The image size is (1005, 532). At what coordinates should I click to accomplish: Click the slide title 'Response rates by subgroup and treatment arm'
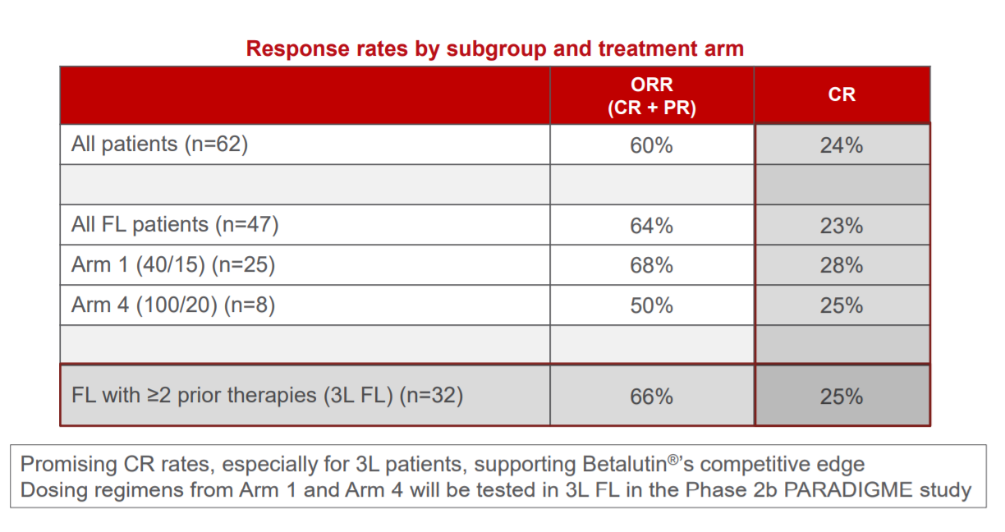[x=495, y=49]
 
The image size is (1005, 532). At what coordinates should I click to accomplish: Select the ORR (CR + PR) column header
[x=652, y=96]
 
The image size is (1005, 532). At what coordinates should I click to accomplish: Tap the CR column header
[x=842, y=94]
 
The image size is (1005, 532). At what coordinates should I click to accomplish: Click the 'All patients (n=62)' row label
[x=160, y=144]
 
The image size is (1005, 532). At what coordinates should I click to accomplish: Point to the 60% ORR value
[x=651, y=145]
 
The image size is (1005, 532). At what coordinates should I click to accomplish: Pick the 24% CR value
[x=842, y=145]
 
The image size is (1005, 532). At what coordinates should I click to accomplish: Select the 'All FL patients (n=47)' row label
[x=175, y=224]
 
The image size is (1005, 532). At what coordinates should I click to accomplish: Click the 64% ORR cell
[x=651, y=226]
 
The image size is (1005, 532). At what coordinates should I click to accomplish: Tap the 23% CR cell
[x=842, y=226]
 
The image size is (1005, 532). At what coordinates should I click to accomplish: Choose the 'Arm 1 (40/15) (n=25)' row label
[x=173, y=264]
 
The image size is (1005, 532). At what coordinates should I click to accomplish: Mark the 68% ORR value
[x=651, y=265]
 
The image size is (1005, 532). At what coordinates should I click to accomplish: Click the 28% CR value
[x=842, y=265]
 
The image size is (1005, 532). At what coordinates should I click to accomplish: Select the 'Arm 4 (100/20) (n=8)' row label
[x=173, y=305]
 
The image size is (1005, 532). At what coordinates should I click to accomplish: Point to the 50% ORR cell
[x=651, y=305]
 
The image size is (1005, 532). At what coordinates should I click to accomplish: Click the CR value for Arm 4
[x=842, y=305]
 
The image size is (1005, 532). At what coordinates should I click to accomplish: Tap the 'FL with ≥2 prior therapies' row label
[x=268, y=396]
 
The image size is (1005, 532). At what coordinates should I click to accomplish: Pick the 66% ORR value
[x=651, y=397]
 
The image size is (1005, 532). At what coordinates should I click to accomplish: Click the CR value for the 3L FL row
[x=842, y=397]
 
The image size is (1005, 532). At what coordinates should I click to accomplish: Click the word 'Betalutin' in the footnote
[x=625, y=464]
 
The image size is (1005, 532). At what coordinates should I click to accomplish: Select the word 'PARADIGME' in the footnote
[x=848, y=490]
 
